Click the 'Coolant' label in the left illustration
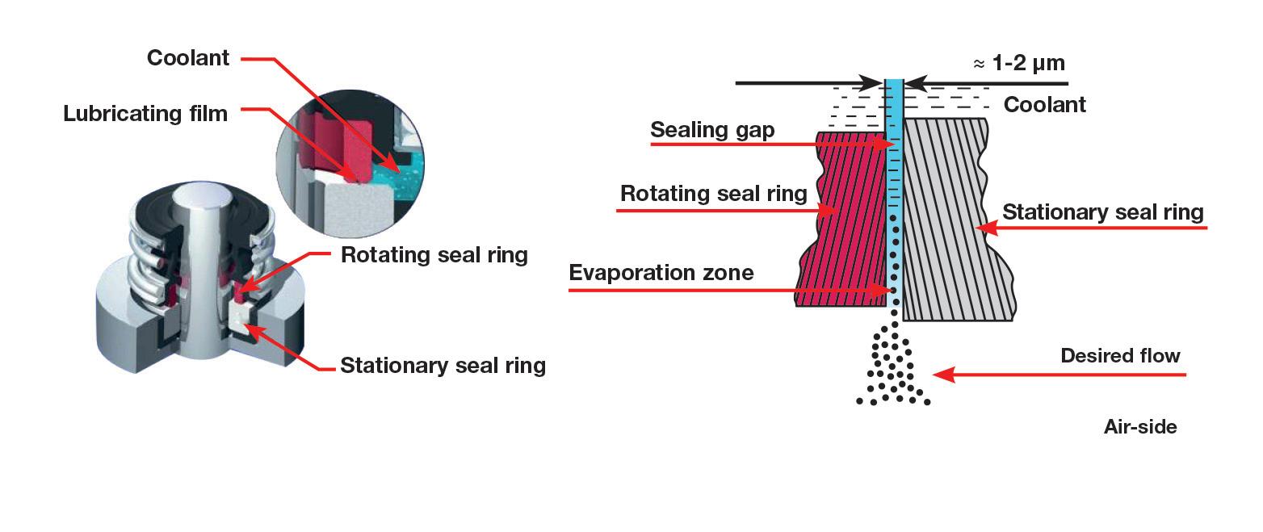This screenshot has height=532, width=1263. click(188, 58)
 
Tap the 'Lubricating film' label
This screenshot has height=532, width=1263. click(145, 114)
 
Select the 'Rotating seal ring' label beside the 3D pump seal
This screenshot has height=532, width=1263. click(434, 255)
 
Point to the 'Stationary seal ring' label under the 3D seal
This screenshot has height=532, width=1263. click(443, 366)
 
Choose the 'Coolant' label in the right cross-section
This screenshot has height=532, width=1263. click(1044, 105)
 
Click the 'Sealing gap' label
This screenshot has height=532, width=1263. click(712, 130)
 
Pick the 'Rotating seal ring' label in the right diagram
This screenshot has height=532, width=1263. click(714, 195)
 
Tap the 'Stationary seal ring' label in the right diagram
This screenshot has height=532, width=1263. click(1102, 212)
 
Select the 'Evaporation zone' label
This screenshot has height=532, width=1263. click(661, 272)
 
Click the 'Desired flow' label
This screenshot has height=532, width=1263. click(1120, 356)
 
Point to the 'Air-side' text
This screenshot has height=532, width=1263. click(1139, 427)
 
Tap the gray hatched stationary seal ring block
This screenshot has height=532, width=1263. click(953, 218)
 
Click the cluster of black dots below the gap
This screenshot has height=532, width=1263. click(893, 367)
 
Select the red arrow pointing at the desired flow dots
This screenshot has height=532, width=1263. click(1058, 375)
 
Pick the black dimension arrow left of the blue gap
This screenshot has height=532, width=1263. click(808, 83)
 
